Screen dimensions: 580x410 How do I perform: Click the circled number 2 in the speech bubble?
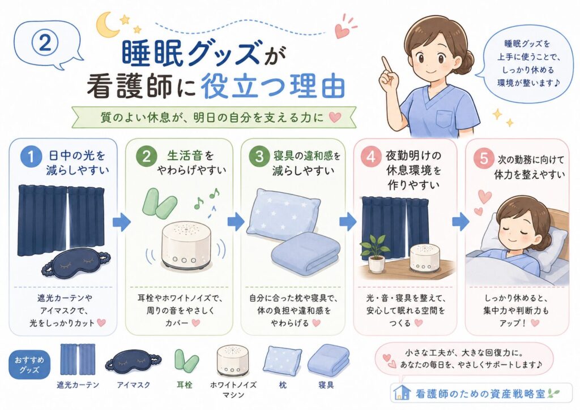tap(45, 43)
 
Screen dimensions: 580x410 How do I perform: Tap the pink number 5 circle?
tap(484, 159)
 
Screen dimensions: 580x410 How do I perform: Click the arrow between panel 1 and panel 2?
tap(121, 222)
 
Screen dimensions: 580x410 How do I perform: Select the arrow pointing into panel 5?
tap(460, 222)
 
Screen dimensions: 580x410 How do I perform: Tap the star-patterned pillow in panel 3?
tap(283, 214)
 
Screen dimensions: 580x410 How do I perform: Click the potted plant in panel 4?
tap(376, 253)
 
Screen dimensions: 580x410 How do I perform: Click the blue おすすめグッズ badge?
tap(29, 364)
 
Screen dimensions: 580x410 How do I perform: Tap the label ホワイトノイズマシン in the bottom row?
tap(233, 390)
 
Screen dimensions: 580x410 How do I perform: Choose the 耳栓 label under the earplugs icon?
tap(184, 385)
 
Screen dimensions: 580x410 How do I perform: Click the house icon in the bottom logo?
tap(402, 393)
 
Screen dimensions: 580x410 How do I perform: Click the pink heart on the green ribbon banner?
tap(335, 118)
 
